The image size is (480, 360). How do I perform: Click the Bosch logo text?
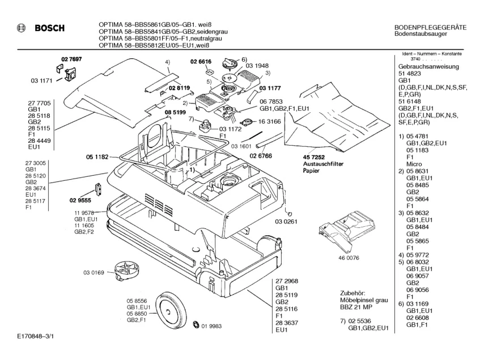pos(50,28)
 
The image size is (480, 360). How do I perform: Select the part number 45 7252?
pos(314,158)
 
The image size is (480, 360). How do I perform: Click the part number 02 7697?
pos(71,59)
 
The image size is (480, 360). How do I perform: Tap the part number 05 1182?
pos(97,157)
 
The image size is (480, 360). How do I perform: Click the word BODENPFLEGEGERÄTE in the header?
pos(430,28)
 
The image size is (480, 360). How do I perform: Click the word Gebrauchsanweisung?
pos(428,66)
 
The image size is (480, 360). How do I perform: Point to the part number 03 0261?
pos(286,221)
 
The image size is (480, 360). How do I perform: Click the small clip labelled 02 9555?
pos(97,189)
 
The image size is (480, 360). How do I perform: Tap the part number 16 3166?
pos(269,121)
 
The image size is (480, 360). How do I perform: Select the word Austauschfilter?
pos(323,164)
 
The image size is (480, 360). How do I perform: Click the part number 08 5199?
pos(176,112)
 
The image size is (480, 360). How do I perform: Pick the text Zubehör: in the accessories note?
pos(352,293)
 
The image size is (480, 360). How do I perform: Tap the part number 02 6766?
pos(261,156)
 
